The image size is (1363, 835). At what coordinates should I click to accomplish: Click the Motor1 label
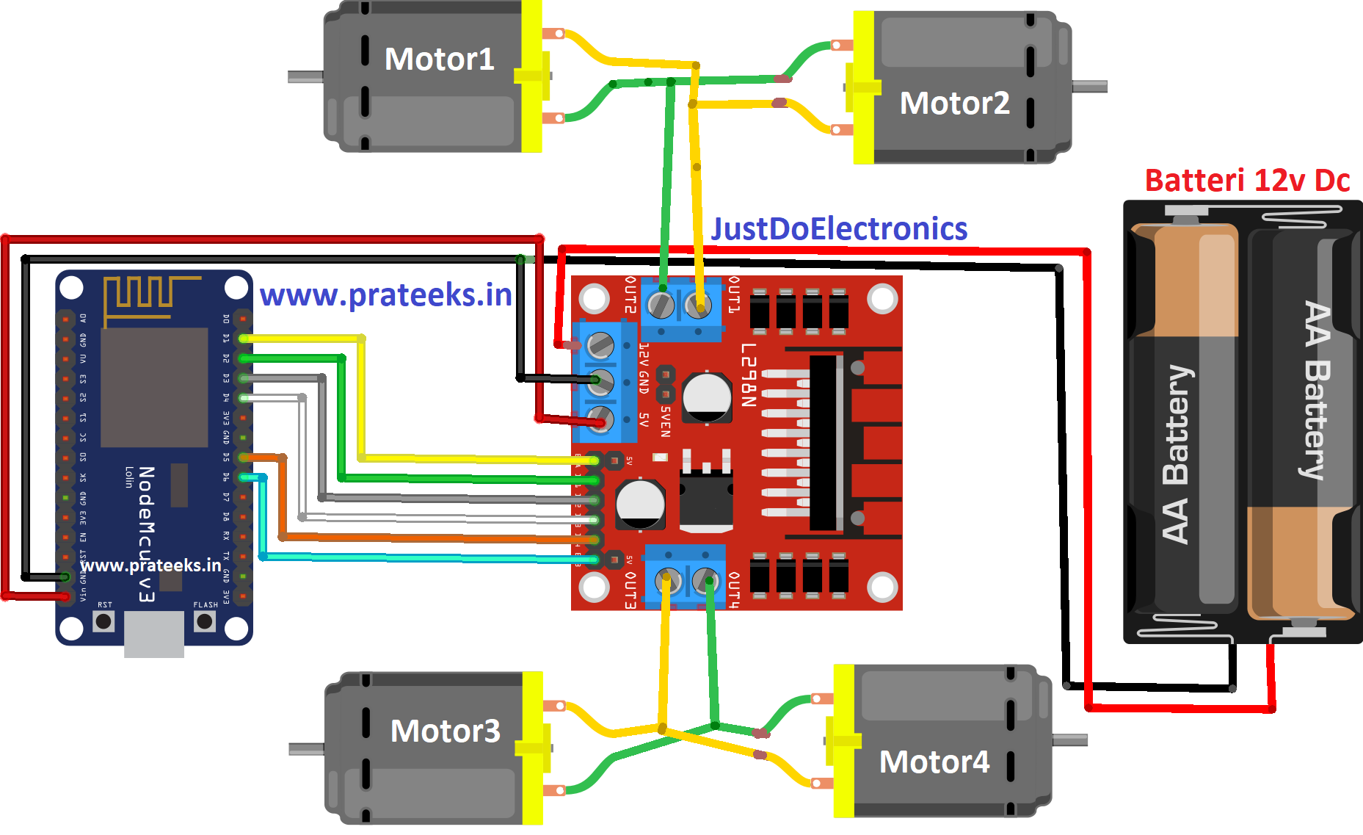coord(439,59)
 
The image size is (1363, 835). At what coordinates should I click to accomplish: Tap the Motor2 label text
coord(954,104)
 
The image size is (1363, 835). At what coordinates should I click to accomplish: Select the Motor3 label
coord(445,731)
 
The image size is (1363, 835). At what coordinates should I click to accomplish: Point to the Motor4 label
coord(934,762)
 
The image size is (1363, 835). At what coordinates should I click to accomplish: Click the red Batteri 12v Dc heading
coord(1247,181)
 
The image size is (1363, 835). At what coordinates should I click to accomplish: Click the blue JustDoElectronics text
coord(839,229)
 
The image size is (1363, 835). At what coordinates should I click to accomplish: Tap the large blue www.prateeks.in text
coord(386,295)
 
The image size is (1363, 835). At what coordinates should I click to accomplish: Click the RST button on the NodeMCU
coord(104,621)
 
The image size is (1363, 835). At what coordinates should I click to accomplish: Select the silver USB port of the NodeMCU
coord(154,634)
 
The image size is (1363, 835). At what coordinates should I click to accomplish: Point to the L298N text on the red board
coord(748,375)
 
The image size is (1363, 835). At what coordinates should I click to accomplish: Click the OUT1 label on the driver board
coord(733,294)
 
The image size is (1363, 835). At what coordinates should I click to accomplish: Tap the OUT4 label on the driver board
coord(733,590)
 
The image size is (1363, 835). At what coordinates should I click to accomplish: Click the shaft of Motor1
coord(305,76)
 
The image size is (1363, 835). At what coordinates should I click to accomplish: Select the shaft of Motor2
coord(1089,87)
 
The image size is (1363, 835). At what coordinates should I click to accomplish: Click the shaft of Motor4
coord(1069,740)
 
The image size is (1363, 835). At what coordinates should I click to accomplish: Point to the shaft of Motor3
coord(307,749)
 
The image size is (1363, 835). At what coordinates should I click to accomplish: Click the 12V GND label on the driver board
coord(644,367)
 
